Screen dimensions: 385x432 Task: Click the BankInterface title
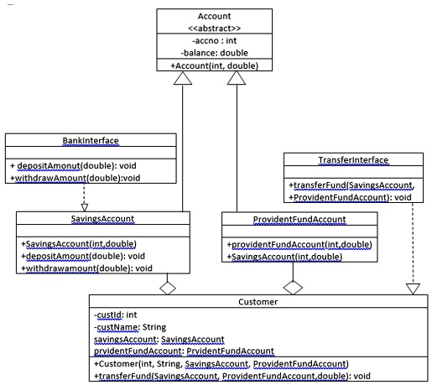[x=91, y=140]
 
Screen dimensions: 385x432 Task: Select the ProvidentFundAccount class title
[x=286, y=218]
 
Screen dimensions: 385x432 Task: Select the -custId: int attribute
[x=115, y=314]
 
